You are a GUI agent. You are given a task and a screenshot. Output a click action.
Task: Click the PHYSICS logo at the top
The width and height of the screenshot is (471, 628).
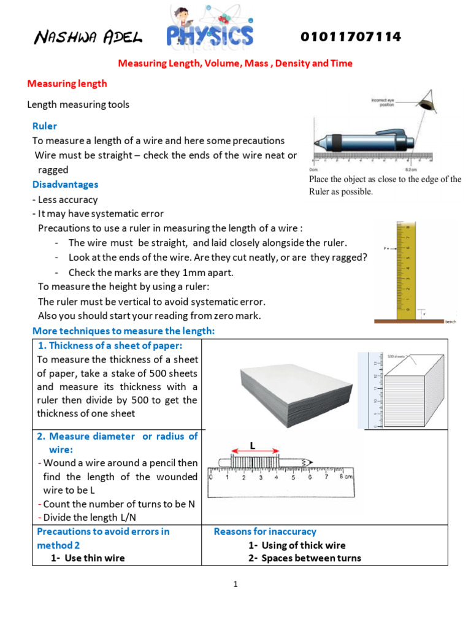[x=210, y=31]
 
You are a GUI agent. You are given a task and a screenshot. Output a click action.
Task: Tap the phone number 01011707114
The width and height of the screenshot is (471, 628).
[x=351, y=37]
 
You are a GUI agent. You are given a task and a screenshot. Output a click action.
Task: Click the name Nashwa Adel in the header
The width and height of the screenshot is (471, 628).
[x=88, y=39]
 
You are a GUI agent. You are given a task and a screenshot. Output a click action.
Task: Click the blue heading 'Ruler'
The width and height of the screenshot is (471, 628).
[x=45, y=126]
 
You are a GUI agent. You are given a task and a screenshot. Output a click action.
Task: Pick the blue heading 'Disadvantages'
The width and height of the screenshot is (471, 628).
[x=65, y=184]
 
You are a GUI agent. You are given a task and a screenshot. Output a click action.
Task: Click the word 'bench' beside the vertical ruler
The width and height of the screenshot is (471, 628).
[x=451, y=321]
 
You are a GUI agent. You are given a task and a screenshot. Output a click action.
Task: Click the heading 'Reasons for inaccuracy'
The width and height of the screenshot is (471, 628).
[x=265, y=531]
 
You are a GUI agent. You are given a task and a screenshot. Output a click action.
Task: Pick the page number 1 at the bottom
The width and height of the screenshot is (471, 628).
[x=235, y=584]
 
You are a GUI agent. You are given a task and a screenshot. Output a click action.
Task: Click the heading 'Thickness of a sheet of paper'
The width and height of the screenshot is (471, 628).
[x=115, y=346]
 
